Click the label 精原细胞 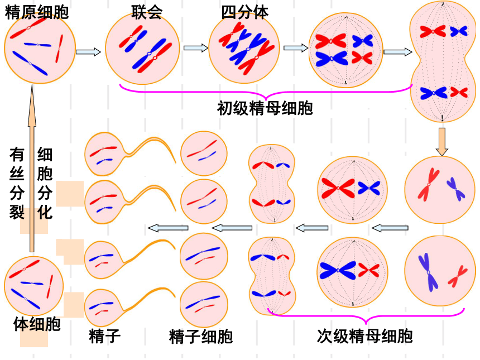pos(36,12)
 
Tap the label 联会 pos(147,12)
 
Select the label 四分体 pos(244,12)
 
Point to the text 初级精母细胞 pos(265,108)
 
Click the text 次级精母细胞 pos(364,336)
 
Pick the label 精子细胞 pos(201,337)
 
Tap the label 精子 pos(105,336)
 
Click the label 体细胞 pos(37,324)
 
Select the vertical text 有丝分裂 pos(17,183)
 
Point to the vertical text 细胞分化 pos(45,183)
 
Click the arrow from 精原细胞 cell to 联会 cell pos(88,52)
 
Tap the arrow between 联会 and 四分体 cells pos(196,48)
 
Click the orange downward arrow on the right pos(441,142)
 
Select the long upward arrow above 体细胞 pos(32,169)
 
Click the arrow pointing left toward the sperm pos(168,228)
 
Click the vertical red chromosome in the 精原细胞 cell pos(59,49)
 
